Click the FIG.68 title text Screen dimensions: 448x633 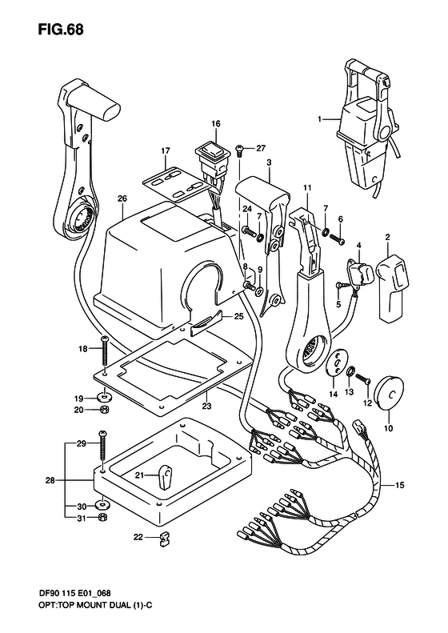pos(61,30)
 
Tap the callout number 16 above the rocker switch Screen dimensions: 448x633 pos(216,123)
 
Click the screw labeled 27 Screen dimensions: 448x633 pos(239,150)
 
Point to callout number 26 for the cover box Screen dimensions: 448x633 pos(122,198)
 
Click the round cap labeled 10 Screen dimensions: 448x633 pos(389,391)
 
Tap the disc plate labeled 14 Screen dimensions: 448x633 pos(336,360)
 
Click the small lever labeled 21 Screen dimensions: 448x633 pos(165,476)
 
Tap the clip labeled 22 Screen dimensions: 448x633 pos(163,538)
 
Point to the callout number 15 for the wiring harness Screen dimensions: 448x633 pos(399,485)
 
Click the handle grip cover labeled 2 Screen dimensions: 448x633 pos(390,286)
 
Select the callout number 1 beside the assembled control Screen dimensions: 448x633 pos(319,119)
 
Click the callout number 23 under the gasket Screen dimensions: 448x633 pos(206,406)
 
